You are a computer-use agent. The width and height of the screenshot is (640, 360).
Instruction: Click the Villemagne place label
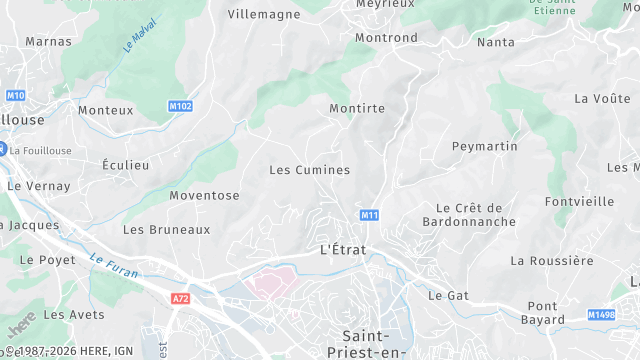pyautogui.click(x=264, y=14)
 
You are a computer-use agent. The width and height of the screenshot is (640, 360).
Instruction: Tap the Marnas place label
pyautogui.click(x=48, y=42)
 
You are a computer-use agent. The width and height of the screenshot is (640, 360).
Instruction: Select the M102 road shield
pyautogui.click(x=180, y=105)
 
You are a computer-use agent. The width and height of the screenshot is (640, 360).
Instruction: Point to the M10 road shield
pyautogui.click(x=15, y=95)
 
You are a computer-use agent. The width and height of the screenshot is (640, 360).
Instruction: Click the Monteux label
pyautogui.click(x=105, y=110)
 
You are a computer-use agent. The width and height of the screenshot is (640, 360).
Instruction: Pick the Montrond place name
pyautogui.click(x=386, y=38)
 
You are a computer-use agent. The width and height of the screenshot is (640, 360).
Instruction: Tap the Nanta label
pyautogui.click(x=496, y=42)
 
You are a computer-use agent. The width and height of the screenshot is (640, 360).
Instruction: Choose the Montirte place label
pyautogui.click(x=357, y=108)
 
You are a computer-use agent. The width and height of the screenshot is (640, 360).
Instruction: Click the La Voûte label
pyautogui.click(x=602, y=98)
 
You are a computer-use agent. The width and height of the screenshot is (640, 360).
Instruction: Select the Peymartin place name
pyautogui.click(x=485, y=146)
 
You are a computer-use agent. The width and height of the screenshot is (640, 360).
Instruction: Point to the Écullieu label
pyautogui.click(x=126, y=165)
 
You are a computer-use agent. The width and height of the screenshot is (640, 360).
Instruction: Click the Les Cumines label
pyautogui.click(x=310, y=170)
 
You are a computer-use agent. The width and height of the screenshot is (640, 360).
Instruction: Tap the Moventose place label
pyautogui.click(x=204, y=195)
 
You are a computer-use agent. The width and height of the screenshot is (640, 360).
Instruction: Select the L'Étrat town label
pyautogui.click(x=343, y=249)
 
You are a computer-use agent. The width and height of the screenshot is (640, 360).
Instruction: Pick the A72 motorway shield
pyautogui.click(x=180, y=299)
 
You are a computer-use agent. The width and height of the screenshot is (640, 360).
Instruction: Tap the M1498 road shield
pyautogui.click(x=602, y=315)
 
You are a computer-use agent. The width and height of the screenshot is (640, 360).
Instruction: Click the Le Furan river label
pyautogui.click(x=112, y=265)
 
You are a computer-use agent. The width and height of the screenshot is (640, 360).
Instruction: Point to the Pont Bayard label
pyautogui.click(x=543, y=313)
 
